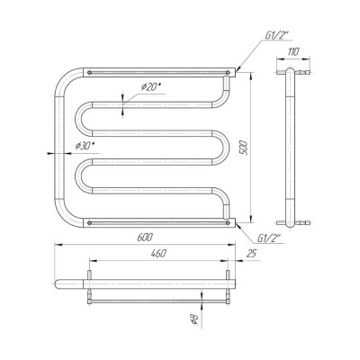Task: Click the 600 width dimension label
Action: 145,238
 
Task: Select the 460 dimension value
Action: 158,254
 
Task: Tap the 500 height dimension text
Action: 244,147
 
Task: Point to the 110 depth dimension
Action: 293,52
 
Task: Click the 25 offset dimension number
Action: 251,254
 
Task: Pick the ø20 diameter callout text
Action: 151,87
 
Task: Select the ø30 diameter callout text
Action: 85,146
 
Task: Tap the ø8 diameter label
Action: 194,319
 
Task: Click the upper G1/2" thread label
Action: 276,36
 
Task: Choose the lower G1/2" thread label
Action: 269,238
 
